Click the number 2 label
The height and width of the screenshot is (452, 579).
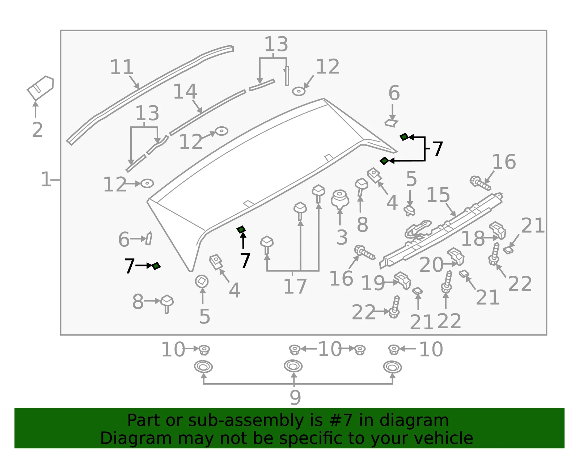tap(37, 130)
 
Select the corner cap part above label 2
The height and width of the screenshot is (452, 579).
tap(40, 88)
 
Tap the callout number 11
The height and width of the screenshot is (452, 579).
tap(122, 67)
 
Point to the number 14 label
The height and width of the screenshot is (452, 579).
tap(185, 91)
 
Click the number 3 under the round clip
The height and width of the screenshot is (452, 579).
tap(342, 237)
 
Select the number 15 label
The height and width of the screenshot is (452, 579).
tap(438, 194)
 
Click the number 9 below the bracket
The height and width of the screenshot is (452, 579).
tap(295, 397)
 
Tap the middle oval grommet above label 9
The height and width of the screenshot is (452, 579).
tap(293, 366)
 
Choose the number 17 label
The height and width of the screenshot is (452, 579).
tap(295, 286)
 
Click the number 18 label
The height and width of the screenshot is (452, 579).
tap(473, 238)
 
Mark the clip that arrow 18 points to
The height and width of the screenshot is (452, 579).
tap(498, 231)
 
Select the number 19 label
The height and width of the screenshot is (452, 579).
tap(373, 283)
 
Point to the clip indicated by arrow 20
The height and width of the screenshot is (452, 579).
tap(456, 257)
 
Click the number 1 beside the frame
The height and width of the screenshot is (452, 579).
tap(46, 179)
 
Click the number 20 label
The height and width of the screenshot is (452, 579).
tap(431, 265)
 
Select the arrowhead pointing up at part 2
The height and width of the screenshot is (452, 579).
tap(35, 104)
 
